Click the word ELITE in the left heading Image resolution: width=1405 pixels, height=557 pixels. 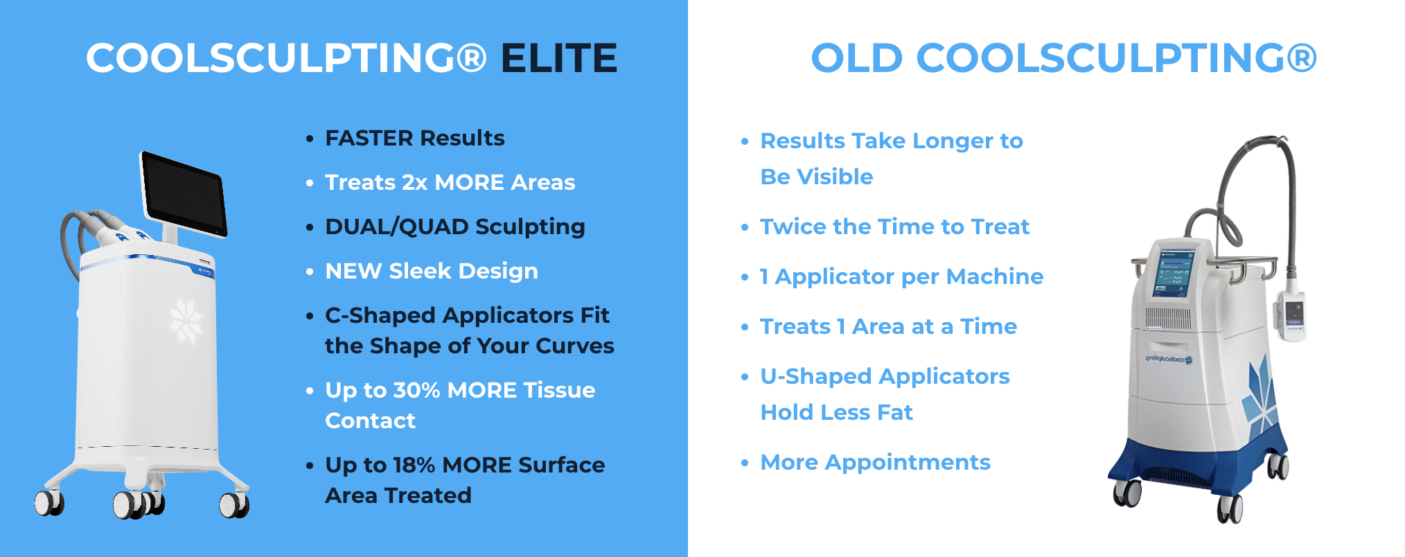click(559, 58)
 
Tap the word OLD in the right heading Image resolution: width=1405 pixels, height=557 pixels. click(857, 58)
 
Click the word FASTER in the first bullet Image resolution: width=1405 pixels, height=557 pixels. click(369, 138)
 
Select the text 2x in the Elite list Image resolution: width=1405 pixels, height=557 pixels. click(415, 182)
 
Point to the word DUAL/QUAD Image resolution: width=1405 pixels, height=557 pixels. click(397, 227)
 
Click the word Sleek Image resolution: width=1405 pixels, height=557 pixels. click(420, 271)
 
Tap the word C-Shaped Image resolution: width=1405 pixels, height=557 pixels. click(380, 316)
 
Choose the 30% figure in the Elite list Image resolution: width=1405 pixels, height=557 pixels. click(416, 390)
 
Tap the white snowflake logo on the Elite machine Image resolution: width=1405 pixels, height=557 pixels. click(186, 320)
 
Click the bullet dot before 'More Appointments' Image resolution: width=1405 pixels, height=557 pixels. click(745, 463)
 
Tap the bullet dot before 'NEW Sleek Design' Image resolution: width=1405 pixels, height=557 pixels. click(310, 272)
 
